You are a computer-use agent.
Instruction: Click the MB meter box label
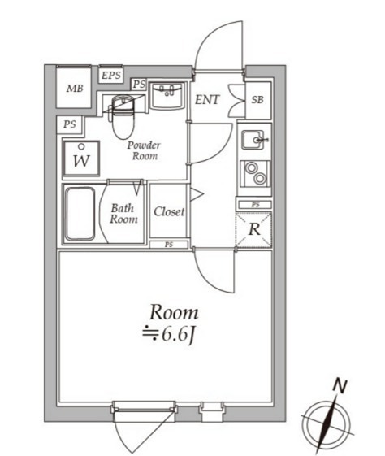pos(75,88)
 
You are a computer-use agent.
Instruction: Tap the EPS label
pos(110,76)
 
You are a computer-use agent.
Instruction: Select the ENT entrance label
pos(207,100)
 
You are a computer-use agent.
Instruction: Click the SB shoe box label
pos(257,100)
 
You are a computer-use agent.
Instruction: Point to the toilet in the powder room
pos(123,115)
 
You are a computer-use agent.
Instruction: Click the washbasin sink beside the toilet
pos(167,95)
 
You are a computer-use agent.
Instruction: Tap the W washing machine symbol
pos(82,159)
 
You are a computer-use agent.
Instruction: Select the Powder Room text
pos(144,150)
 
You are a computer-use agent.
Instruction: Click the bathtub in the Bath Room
pos(80,214)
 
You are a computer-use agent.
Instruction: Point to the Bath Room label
pos(123,214)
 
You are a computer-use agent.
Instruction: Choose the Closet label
pos(169,211)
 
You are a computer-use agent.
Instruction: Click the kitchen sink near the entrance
pos(253,140)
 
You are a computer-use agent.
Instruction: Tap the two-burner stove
pos(255,174)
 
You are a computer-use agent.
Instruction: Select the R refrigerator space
pos(254,230)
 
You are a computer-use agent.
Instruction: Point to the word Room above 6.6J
pos(174,312)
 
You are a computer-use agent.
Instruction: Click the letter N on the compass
pos(340,386)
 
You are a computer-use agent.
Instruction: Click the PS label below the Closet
pos(169,245)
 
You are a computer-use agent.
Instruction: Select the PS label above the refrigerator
pos(255,205)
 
